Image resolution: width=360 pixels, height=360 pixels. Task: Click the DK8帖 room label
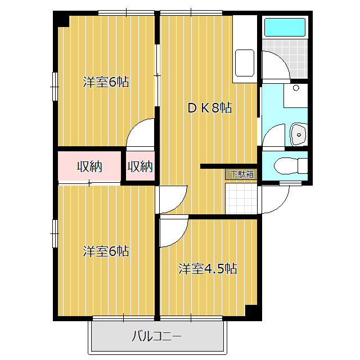(210, 108)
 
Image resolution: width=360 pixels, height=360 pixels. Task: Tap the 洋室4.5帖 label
(208, 268)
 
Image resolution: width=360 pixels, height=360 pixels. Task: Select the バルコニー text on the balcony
(156, 336)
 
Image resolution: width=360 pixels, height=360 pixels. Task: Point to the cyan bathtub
(285, 28)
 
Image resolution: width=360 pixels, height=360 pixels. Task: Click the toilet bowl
(290, 166)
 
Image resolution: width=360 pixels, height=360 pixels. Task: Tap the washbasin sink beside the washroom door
(299, 134)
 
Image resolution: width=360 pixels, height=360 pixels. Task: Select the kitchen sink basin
(245, 63)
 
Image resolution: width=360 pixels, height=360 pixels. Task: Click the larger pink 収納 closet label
(89, 166)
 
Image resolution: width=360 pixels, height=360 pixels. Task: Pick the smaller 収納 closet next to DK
(140, 166)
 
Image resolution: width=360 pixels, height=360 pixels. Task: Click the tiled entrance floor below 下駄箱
(241, 199)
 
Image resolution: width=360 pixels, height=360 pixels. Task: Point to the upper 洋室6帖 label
(106, 82)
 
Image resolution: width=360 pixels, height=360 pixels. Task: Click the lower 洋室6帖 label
(106, 251)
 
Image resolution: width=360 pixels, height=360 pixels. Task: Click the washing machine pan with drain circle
(296, 96)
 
